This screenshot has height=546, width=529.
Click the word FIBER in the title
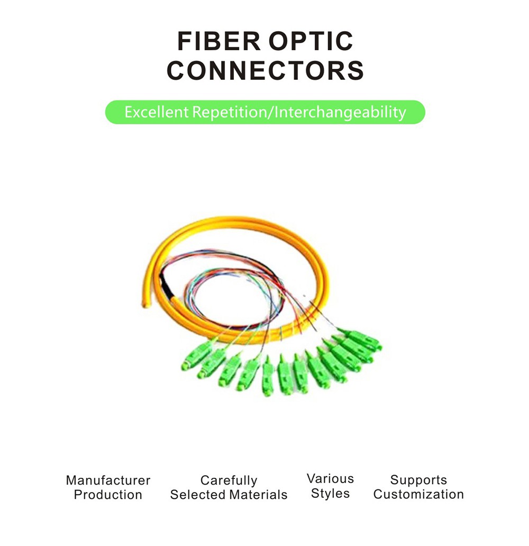point(219,41)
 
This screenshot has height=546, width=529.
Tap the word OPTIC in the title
point(311,41)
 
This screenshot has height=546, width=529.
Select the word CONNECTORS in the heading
point(266,70)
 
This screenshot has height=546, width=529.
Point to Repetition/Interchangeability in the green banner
point(299,113)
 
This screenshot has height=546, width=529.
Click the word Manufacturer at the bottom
point(108,480)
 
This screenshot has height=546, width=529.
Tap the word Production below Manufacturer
point(108,495)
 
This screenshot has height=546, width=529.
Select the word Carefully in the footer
point(229,480)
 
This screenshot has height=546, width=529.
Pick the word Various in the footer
point(331,479)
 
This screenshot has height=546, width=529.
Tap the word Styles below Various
point(331,494)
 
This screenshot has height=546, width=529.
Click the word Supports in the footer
point(418,480)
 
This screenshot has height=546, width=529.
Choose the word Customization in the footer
point(418,494)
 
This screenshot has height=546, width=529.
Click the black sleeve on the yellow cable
point(166,286)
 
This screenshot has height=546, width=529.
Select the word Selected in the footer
point(198,495)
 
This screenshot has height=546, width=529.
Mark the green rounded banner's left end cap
point(112,112)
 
